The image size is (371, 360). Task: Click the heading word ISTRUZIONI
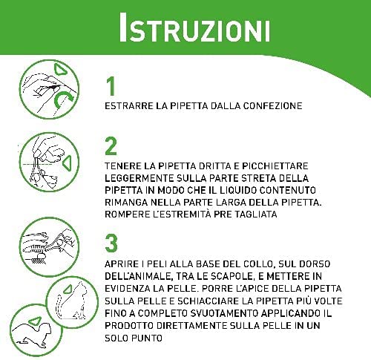coord(194,27)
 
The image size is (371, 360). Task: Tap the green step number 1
coord(111,86)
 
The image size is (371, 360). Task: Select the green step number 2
coord(111,146)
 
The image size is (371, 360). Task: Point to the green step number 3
coord(111,243)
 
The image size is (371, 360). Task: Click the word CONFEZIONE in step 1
coord(272,106)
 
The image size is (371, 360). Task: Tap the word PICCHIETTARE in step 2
coord(275,166)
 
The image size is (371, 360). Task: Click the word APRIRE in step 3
coord(122,264)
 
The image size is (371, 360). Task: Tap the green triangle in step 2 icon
coord(67,163)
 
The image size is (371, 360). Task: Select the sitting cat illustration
coord(72,301)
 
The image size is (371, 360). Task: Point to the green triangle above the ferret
coord(35,321)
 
